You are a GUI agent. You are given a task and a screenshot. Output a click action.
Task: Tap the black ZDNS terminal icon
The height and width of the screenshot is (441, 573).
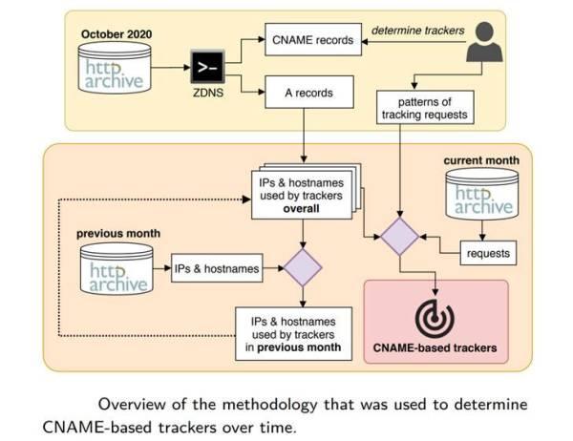pyautogui.click(x=207, y=67)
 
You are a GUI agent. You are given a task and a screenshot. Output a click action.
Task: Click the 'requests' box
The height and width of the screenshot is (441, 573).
pyautogui.click(x=486, y=253)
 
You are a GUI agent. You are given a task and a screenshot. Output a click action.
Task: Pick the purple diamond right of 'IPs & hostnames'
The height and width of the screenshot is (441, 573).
pyautogui.click(x=303, y=269)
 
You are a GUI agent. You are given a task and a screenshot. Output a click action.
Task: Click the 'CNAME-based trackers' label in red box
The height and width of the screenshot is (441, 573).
pyautogui.click(x=436, y=348)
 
